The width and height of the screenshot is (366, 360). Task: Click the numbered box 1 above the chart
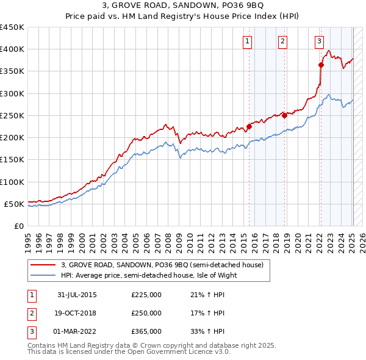coord(248,41)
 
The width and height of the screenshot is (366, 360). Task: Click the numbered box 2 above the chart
coord(283,41)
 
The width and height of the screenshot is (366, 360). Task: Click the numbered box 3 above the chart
coord(319,41)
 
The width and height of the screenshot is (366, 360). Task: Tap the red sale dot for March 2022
coord(321,64)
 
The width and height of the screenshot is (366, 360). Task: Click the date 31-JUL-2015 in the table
coord(77,295)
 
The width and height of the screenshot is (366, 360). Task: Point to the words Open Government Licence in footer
coord(171,352)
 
